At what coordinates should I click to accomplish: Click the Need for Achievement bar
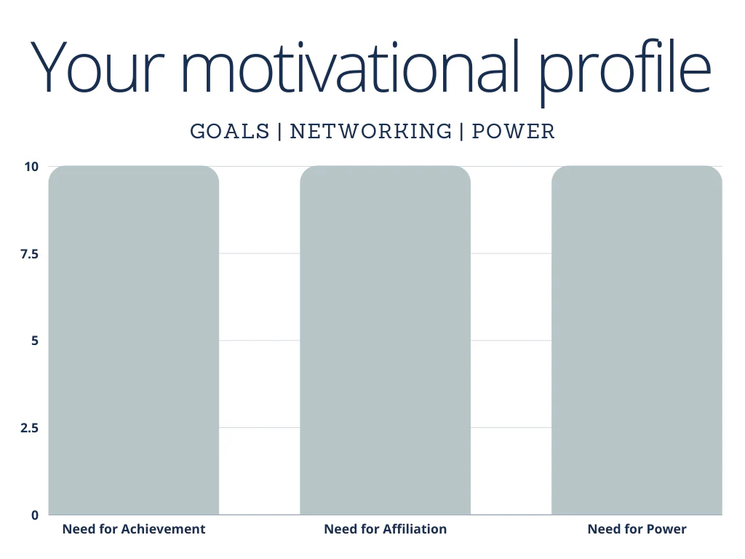click(x=134, y=340)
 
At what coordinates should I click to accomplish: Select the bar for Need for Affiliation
click(x=385, y=340)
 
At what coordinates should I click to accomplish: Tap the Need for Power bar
click(x=637, y=340)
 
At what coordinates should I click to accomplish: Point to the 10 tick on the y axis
click(x=30, y=166)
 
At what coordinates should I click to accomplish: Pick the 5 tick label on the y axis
click(x=33, y=341)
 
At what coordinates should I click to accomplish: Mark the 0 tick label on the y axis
click(x=33, y=515)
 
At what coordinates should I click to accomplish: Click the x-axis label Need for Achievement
click(x=134, y=529)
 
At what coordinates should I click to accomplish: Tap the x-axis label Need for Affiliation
click(x=385, y=529)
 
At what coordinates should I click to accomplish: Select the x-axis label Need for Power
click(x=637, y=529)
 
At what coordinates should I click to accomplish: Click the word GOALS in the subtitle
click(x=229, y=132)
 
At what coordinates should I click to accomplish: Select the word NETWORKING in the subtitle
click(x=371, y=132)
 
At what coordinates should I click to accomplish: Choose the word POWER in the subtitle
click(x=514, y=132)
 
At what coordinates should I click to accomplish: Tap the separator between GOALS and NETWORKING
click(x=279, y=132)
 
